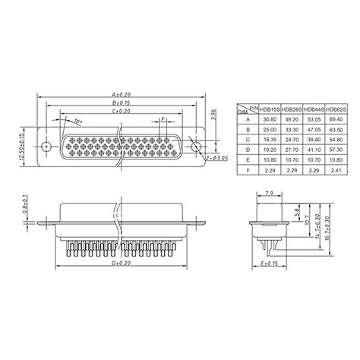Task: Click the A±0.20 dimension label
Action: click(x=119, y=94)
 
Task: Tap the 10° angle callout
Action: click(x=77, y=120)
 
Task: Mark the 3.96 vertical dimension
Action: click(x=215, y=115)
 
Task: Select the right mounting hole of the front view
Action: click(x=194, y=146)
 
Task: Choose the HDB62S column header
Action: click(x=335, y=109)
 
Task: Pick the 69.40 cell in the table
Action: click(x=335, y=120)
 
